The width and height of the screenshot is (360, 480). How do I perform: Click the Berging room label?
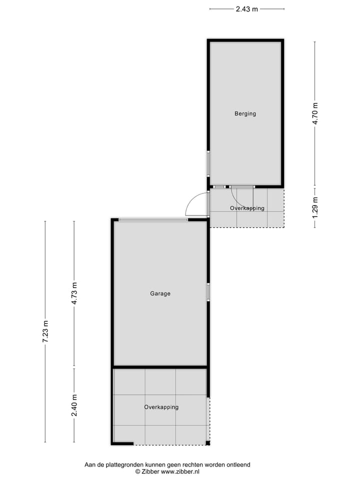point(245,113)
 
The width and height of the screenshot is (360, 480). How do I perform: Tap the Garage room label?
point(160,293)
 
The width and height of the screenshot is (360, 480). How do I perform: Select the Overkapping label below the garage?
point(161,407)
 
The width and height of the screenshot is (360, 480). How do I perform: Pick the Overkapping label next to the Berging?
point(247,208)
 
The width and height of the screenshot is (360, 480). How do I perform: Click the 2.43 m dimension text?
point(246,8)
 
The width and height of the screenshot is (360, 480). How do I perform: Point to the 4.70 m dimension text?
point(315,113)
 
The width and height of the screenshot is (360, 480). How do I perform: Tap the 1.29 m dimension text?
point(315,207)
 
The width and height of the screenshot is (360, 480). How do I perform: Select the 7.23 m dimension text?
point(45,331)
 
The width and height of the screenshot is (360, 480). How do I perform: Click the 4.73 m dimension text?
point(74,294)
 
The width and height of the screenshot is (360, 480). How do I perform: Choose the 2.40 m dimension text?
point(74,405)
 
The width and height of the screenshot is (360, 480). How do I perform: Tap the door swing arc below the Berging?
point(237,199)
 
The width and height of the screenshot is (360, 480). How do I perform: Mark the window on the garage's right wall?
point(208,292)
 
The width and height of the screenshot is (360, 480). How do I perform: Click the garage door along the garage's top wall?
point(153,219)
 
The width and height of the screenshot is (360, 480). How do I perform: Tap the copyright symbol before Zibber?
point(137,471)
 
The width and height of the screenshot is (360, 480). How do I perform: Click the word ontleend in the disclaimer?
point(238,464)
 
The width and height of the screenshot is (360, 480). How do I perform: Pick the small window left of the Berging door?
point(218,187)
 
